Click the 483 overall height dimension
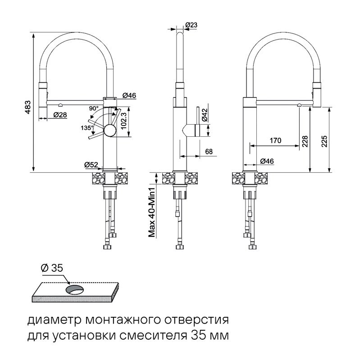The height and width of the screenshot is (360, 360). point(27,106)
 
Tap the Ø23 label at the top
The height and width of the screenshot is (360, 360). point(191,25)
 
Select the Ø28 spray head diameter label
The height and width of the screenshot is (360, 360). point(60,115)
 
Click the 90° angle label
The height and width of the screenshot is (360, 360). point(94,108)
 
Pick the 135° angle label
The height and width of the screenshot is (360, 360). point(87,127)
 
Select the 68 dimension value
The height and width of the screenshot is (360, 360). point(209,151)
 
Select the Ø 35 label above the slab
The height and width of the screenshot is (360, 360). point(52,268)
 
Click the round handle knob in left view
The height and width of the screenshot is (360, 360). point(110,131)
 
